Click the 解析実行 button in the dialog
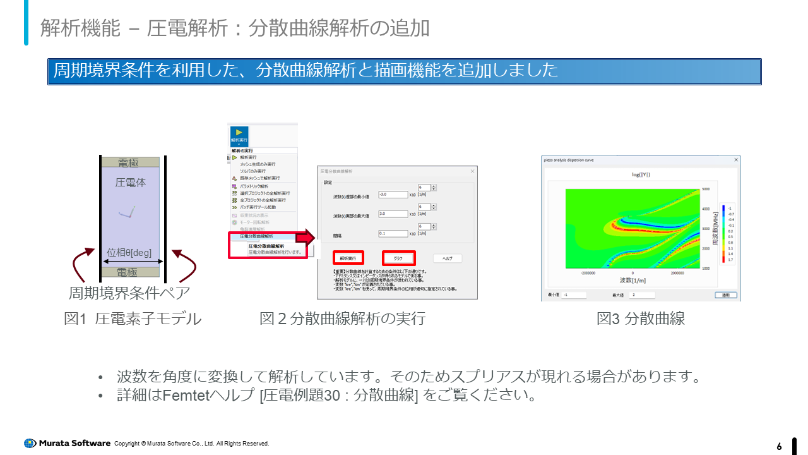348,258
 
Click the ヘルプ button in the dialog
448,258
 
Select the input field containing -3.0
393,195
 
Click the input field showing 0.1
393,233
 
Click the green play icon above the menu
239,132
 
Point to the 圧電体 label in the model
130,183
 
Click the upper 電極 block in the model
129,163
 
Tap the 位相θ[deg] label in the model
129,253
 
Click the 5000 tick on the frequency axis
706,189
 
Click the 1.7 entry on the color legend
730,260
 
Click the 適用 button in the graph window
725,295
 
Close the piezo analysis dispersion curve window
735,160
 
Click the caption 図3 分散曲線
641,318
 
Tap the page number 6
779,447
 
